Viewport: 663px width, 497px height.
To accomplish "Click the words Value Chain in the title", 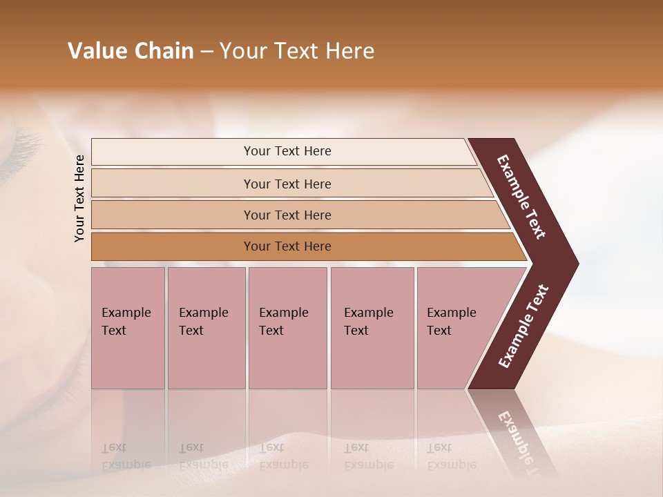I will tap(131, 51).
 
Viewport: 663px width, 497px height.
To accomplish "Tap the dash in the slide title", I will tap(206, 52).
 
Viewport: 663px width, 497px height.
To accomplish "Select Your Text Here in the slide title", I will tap(297, 51).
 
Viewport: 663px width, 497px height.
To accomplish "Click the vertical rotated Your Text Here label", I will tap(79, 198).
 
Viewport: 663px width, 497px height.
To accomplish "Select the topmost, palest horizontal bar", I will tap(287, 151).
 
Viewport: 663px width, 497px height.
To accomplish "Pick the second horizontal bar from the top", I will tap(287, 184).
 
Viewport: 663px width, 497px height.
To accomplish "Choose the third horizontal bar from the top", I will tap(287, 215).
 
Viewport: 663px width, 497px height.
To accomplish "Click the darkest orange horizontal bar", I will tap(287, 246).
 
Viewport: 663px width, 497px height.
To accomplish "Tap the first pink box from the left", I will tap(128, 328).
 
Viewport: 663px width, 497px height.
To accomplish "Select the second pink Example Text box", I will tap(206, 328).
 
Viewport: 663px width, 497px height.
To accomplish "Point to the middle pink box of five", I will tap(287, 328).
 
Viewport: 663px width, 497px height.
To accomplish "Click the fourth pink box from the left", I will tap(372, 328).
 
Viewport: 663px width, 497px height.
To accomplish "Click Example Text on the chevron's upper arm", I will tap(521, 197).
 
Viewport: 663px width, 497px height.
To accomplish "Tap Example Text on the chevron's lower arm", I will tap(523, 326).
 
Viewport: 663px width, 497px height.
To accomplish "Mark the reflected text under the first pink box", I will tap(126, 457).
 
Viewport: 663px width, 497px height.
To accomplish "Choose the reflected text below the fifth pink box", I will tap(450, 457).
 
